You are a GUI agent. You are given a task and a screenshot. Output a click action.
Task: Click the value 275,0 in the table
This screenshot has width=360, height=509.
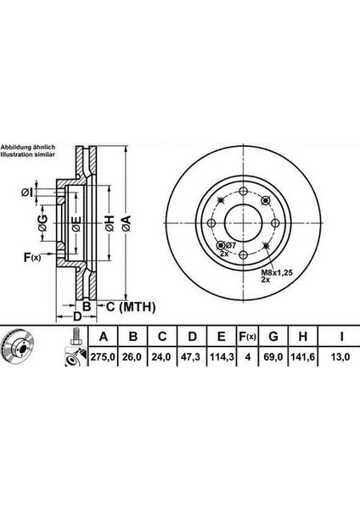tap(103, 357)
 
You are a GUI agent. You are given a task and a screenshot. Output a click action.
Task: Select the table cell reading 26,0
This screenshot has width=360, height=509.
tap(132, 357)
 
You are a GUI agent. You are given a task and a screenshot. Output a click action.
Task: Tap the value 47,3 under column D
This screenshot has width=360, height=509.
tap(192, 357)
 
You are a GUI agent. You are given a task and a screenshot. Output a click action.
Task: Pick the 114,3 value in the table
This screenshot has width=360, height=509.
tap(222, 357)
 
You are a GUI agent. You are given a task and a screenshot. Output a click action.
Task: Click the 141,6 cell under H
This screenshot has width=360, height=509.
tap(302, 357)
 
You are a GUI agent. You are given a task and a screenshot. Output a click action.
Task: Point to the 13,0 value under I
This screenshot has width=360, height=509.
tap(340, 357)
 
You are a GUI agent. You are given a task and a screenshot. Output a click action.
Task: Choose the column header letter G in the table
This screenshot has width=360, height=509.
tap(273, 337)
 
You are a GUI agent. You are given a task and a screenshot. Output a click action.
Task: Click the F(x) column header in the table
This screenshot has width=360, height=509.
tap(248, 337)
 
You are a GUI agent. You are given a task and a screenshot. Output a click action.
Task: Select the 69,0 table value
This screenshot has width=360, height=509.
tap(273, 357)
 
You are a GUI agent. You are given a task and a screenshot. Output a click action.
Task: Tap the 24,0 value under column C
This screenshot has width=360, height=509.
tap(161, 357)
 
